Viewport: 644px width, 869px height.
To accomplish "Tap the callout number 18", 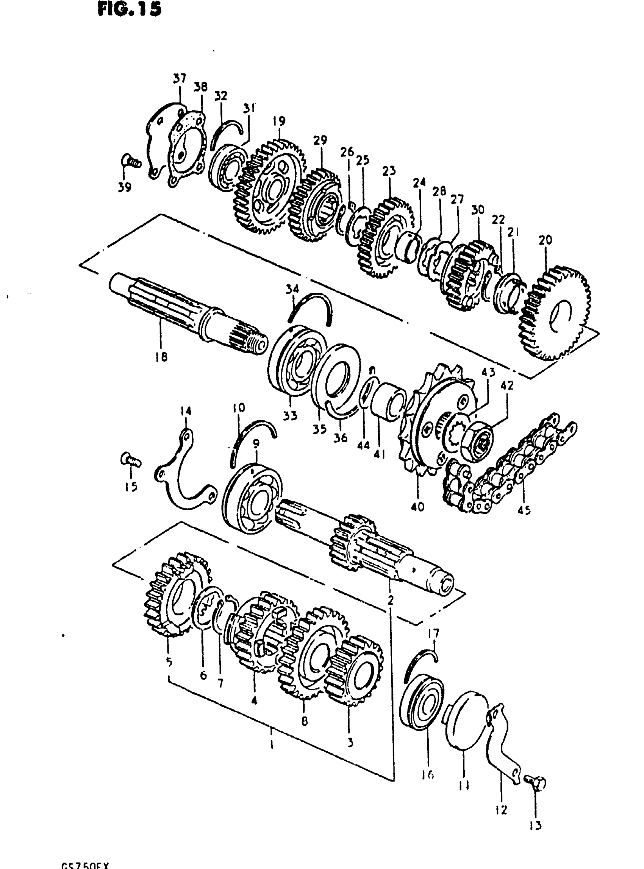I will pos(161,356).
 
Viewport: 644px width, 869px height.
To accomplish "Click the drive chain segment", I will pos(507,464).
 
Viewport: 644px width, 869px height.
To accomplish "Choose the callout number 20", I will pos(545,240).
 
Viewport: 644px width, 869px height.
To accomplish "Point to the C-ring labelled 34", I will pos(310,308).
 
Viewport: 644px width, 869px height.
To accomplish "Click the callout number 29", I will pos(320,140).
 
